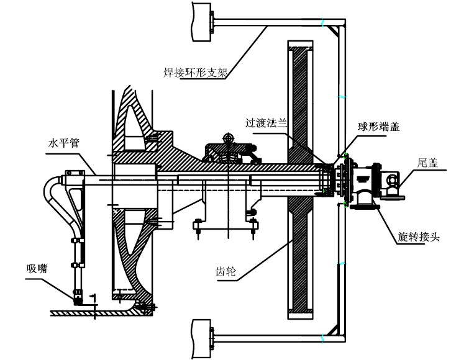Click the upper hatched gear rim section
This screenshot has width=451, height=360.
(300, 99)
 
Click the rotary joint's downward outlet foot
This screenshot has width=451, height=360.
(365, 201)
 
